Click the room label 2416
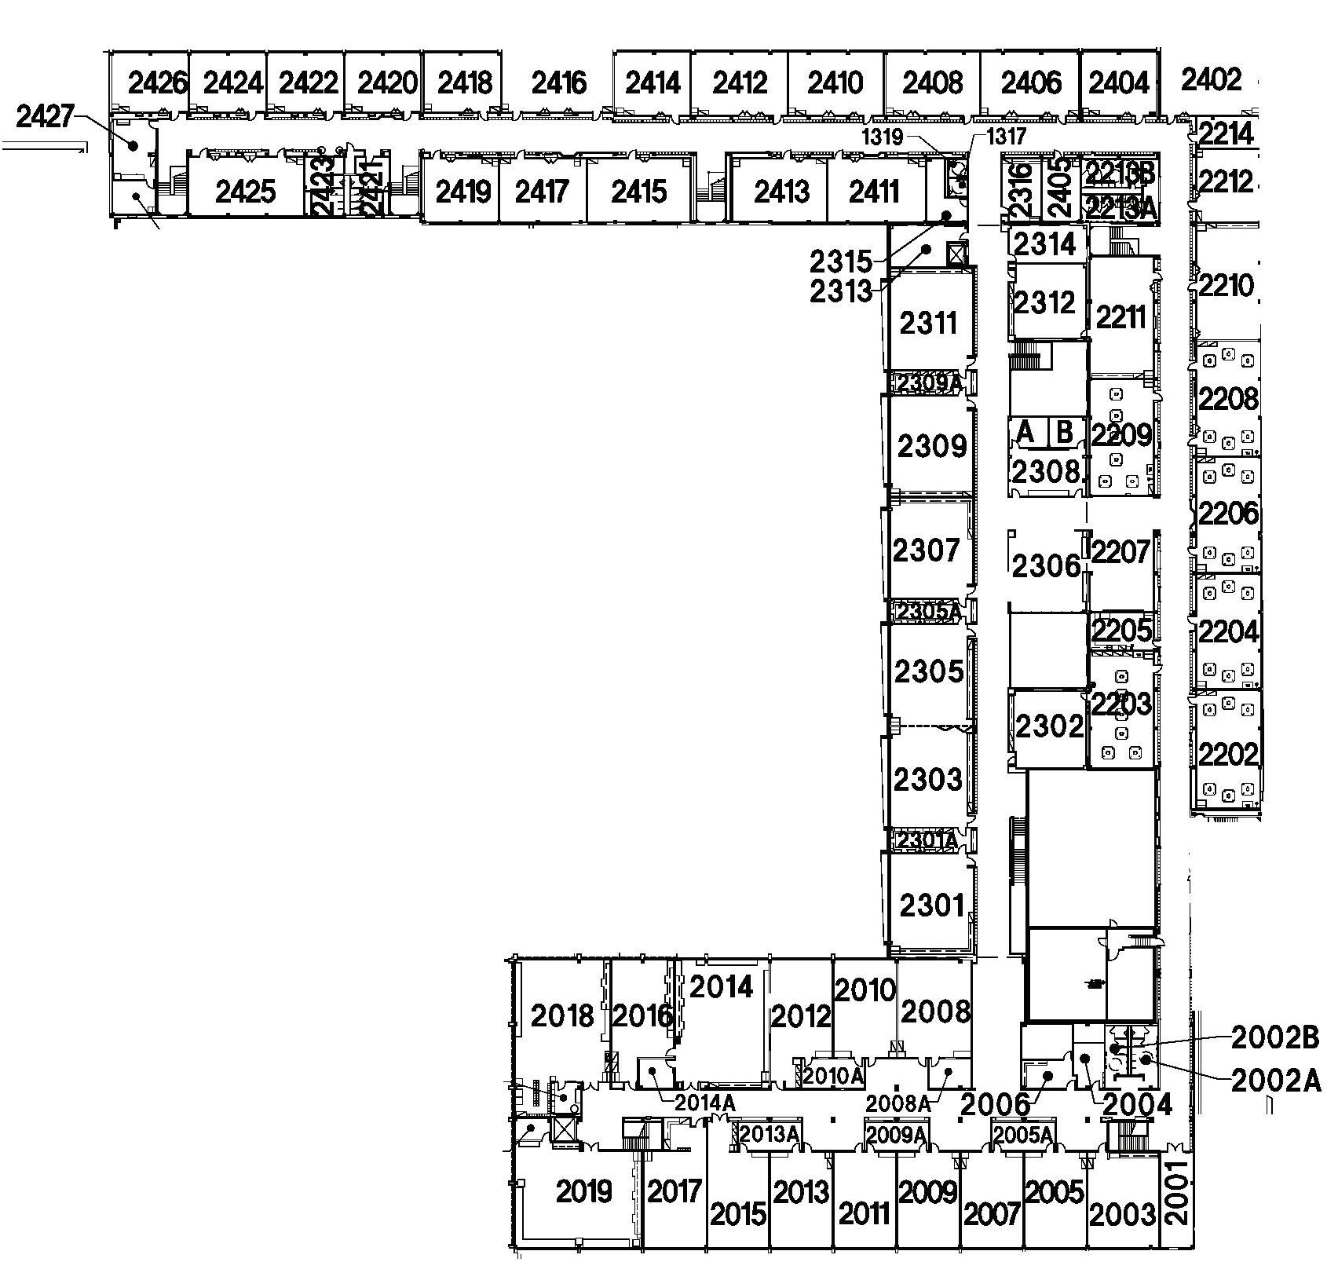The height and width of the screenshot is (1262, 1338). click(558, 82)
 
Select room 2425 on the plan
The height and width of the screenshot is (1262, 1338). click(246, 191)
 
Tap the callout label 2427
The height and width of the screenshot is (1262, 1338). click(46, 117)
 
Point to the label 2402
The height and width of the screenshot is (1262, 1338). click(1211, 79)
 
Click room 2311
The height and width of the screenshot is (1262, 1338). click(929, 323)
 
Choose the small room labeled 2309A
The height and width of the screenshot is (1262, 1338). click(929, 383)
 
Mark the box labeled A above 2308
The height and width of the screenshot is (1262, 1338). click(1025, 432)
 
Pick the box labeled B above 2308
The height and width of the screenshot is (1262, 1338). click(1065, 432)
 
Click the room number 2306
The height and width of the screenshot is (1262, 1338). click(1046, 565)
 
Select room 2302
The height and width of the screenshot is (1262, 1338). click(1049, 726)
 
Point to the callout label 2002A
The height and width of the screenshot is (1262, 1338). click(1276, 1082)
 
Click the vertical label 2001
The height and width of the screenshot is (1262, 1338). click(1176, 1193)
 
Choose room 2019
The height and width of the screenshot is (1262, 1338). click(583, 1191)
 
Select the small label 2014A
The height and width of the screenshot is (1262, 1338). click(706, 1103)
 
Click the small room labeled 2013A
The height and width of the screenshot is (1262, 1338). click(770, 1134)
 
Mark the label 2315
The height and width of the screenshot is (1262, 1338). click(841, 260)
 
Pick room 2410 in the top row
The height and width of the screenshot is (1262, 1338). click(835, 82)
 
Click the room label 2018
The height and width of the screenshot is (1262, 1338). click(562, 1015)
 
